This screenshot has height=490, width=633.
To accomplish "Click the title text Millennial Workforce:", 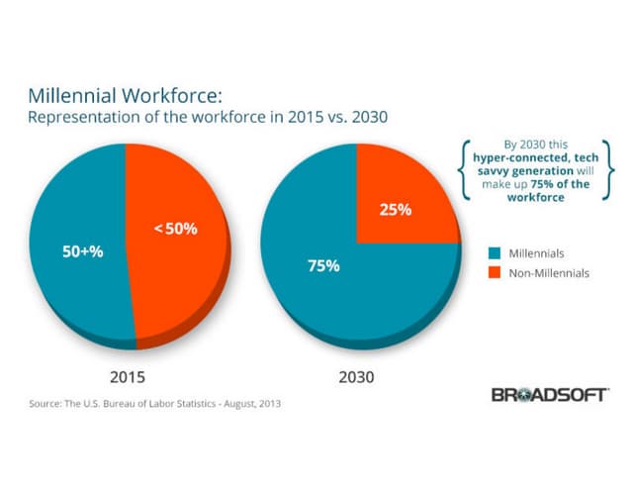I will [127, 97].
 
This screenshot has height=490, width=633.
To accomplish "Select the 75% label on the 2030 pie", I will [323, 265].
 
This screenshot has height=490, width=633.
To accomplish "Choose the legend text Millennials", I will [535, 253].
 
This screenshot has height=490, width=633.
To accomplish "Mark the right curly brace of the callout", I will [610, 171].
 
